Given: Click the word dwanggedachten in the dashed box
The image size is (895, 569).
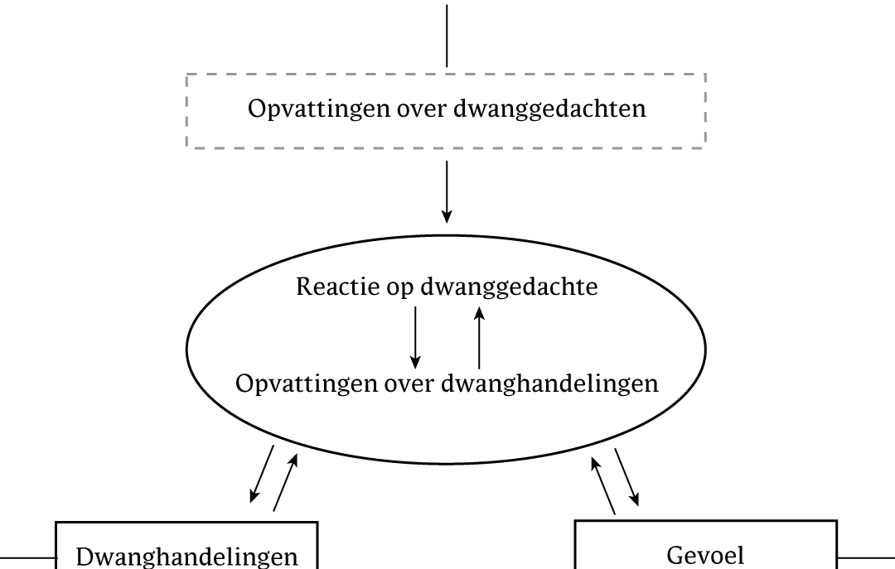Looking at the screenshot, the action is coord(549,109).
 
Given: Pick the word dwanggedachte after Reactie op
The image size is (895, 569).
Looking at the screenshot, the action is coord(509,287).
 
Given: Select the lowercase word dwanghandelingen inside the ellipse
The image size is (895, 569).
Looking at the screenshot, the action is coord(550,383).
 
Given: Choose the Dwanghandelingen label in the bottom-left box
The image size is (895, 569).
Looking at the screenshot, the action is coord(186,557).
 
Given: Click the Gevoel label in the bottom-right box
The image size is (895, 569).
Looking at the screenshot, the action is coord(705,555).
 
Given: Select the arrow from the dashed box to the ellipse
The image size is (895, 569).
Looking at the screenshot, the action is coord(447,192).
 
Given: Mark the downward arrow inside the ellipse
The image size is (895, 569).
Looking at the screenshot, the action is coord(415,337).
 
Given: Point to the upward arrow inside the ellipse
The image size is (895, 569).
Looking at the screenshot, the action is coord(480,337).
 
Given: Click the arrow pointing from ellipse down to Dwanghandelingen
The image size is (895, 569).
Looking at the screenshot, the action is coord(262,475).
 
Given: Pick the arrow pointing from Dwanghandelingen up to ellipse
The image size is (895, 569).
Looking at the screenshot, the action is coord(286,482).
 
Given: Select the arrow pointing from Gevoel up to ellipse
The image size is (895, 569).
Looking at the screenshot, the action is coord(603,485).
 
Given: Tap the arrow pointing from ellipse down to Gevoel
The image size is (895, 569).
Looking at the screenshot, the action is coord(626,477).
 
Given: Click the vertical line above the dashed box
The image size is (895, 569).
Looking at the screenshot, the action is coord(447,36).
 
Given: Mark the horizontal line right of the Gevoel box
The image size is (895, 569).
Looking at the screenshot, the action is coord(866,557).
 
